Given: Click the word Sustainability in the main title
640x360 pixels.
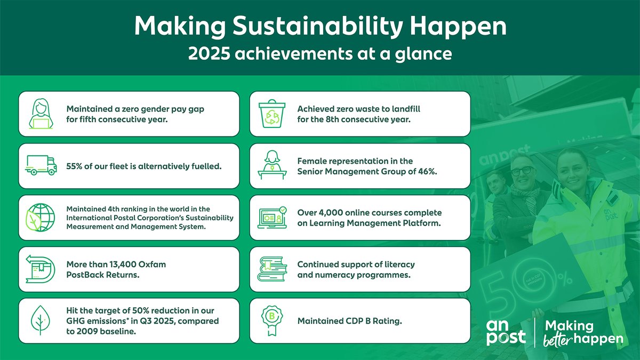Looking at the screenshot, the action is point(317,27).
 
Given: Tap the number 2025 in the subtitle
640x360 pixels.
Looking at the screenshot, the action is point(209,53).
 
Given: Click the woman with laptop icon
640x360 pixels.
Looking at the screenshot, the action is point(41,114).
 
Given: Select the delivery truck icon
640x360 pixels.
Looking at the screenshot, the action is point(41,165).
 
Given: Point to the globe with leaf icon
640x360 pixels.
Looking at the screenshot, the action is point(41,218).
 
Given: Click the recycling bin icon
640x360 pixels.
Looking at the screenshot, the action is point(272,114).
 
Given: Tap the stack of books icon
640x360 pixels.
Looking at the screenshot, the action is point(272,269).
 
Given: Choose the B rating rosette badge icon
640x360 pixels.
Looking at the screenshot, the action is point(272,321).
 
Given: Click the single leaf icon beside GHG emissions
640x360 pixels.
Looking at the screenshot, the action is point(41,320).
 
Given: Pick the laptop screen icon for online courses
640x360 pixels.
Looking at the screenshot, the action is point(272,218).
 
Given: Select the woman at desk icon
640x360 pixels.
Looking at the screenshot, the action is point(272,165).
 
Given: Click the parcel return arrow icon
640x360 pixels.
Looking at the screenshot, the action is point(41,269).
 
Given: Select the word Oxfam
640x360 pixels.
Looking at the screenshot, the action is point(152,265).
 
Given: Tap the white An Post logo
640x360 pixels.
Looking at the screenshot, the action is point(506,332).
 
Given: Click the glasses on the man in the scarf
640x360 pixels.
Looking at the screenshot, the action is point(522,171).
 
